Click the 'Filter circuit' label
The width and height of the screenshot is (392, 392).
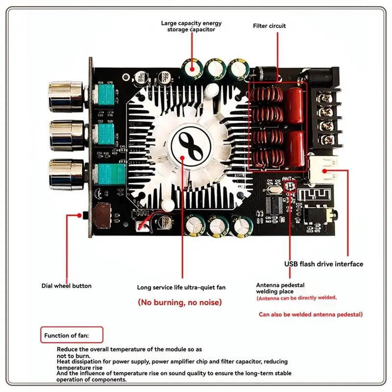point(269,25)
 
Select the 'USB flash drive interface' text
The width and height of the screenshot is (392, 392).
point(324,264)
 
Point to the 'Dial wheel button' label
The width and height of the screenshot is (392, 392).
point(66,286)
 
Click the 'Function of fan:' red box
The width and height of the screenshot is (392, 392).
point(72,336)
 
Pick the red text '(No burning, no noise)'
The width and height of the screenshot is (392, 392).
point(180,302)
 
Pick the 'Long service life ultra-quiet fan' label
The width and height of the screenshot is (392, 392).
point(181,288)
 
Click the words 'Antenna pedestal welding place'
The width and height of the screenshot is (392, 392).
point(280,288)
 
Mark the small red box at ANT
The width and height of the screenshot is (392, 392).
point(288,185)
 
